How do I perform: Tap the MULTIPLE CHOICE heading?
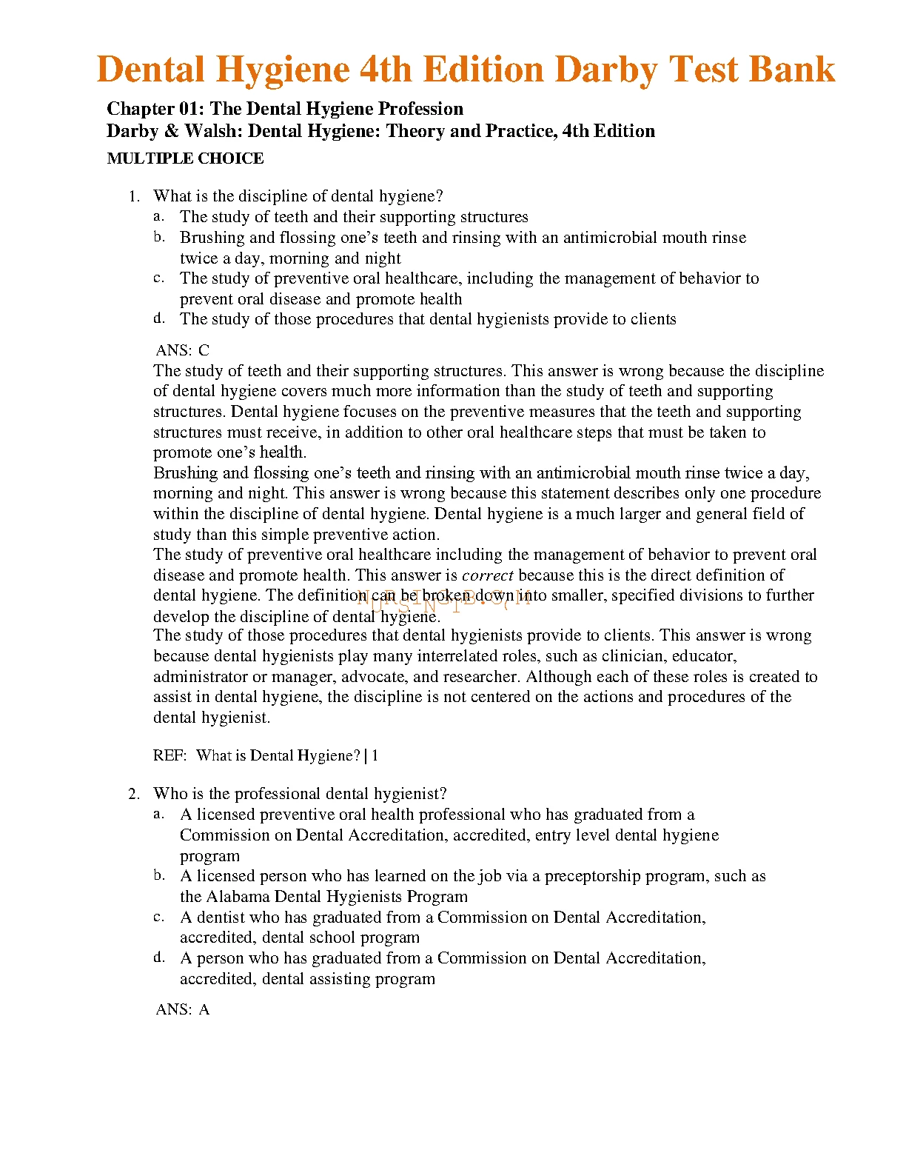click(x=185, y=158)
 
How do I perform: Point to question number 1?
click(x=134, y=197)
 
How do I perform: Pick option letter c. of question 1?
click(x=158, y=278)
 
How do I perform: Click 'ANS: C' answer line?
click(x=183, y=350)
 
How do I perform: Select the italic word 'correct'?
click(x=487, y=575)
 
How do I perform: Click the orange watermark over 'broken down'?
click(x=444, y=598)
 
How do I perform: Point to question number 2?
click(x=134, y=795)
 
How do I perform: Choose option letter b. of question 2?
click(x=158, y=876)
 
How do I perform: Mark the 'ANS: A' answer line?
click(x=183, y=1009)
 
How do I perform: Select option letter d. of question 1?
click(x=158, y=319)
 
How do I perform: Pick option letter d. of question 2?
click(x=158, y=958)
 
